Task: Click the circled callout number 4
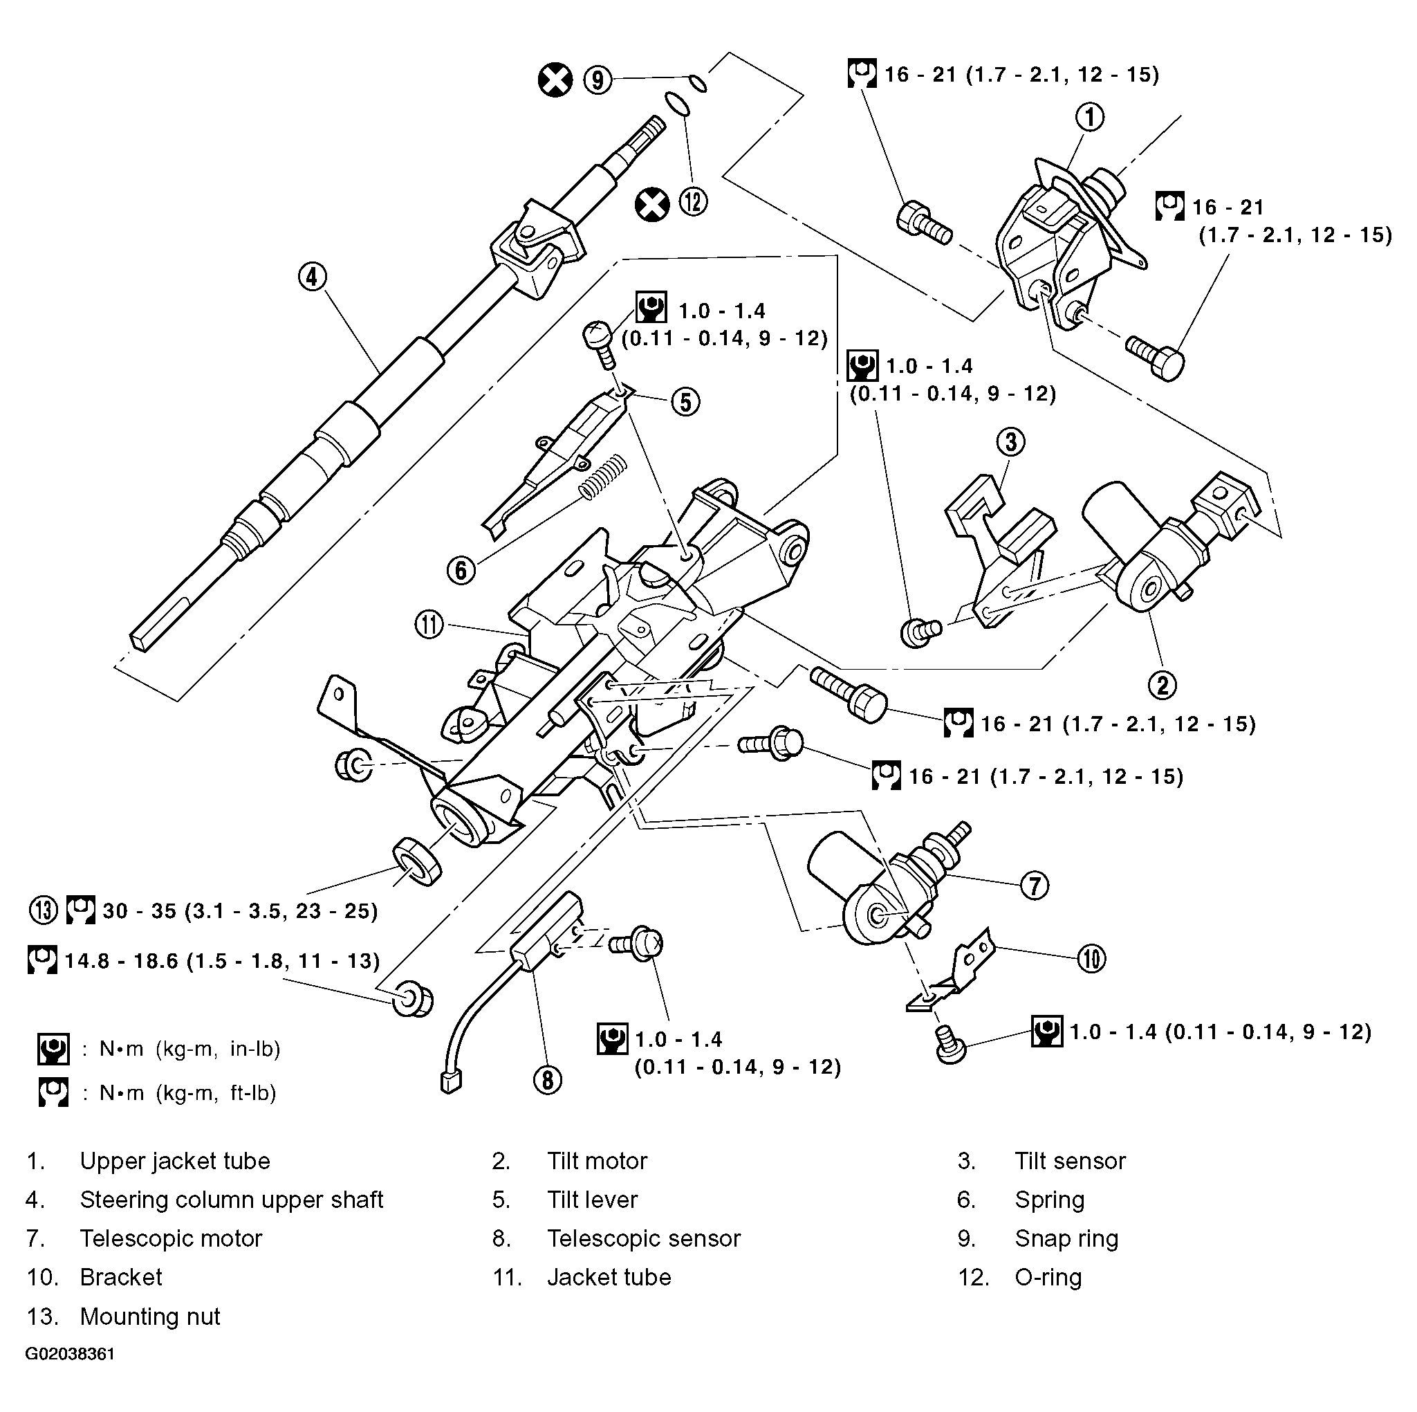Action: click(313, 277)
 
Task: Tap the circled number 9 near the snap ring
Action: click(598, 80)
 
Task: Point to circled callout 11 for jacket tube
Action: click(429, 625)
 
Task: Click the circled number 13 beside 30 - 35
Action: click(44, 910)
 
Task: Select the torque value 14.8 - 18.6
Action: click(121, 961)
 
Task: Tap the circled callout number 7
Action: click(1034, 885)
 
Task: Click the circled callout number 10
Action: click(1091, 958)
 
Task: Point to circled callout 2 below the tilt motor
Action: click(1163, 685)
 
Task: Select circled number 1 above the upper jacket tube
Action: click(1090, 117)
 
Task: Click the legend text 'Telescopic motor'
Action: click(171, 1239)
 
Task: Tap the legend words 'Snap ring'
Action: click(1066, 1239)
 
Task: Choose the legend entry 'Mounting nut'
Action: click(149, 1317)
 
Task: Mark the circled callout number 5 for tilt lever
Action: click(685, 402)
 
